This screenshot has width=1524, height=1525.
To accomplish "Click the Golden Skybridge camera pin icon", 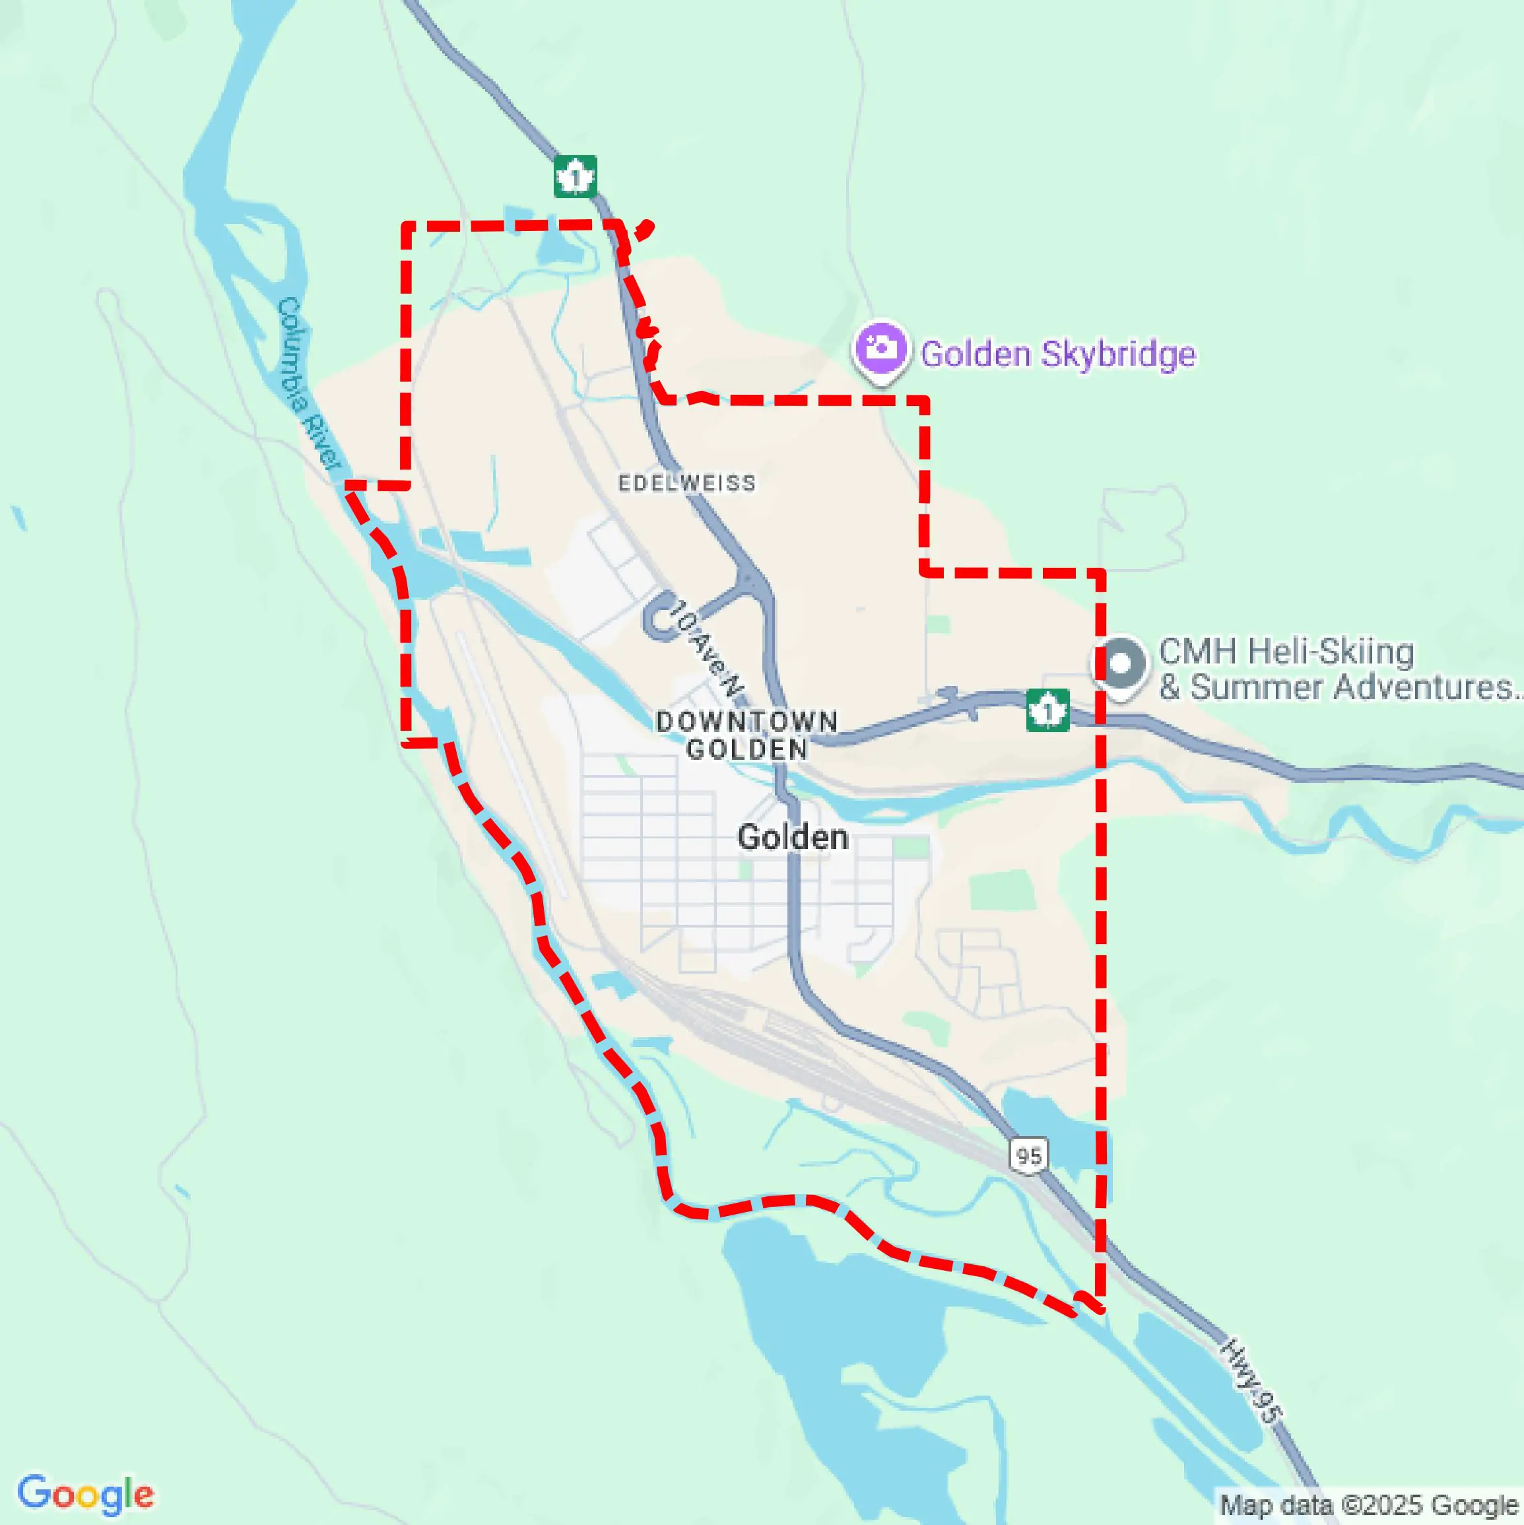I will (880, 348).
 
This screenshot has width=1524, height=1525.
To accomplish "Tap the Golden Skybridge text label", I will (1057, 354).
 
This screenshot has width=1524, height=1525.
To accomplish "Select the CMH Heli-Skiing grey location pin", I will (1120, 664).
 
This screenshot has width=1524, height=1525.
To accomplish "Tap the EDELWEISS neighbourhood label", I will (686, 483).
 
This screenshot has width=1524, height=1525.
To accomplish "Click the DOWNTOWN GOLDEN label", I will (746, 735).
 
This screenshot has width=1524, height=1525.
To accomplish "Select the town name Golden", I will (793, 836).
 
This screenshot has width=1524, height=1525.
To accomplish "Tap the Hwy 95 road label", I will (1251, 1381).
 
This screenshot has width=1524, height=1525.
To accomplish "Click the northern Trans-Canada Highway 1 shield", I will (576, 176).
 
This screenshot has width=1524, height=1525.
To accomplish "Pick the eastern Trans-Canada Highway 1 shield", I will (1047, 709).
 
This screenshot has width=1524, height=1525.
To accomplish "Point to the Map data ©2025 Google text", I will (1370, 1505).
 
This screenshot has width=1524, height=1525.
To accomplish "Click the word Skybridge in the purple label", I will (1117, 354).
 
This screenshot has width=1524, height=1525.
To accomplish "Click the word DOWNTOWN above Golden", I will (746, 722).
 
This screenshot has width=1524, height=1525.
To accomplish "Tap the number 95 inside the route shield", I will (1028, 1157).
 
